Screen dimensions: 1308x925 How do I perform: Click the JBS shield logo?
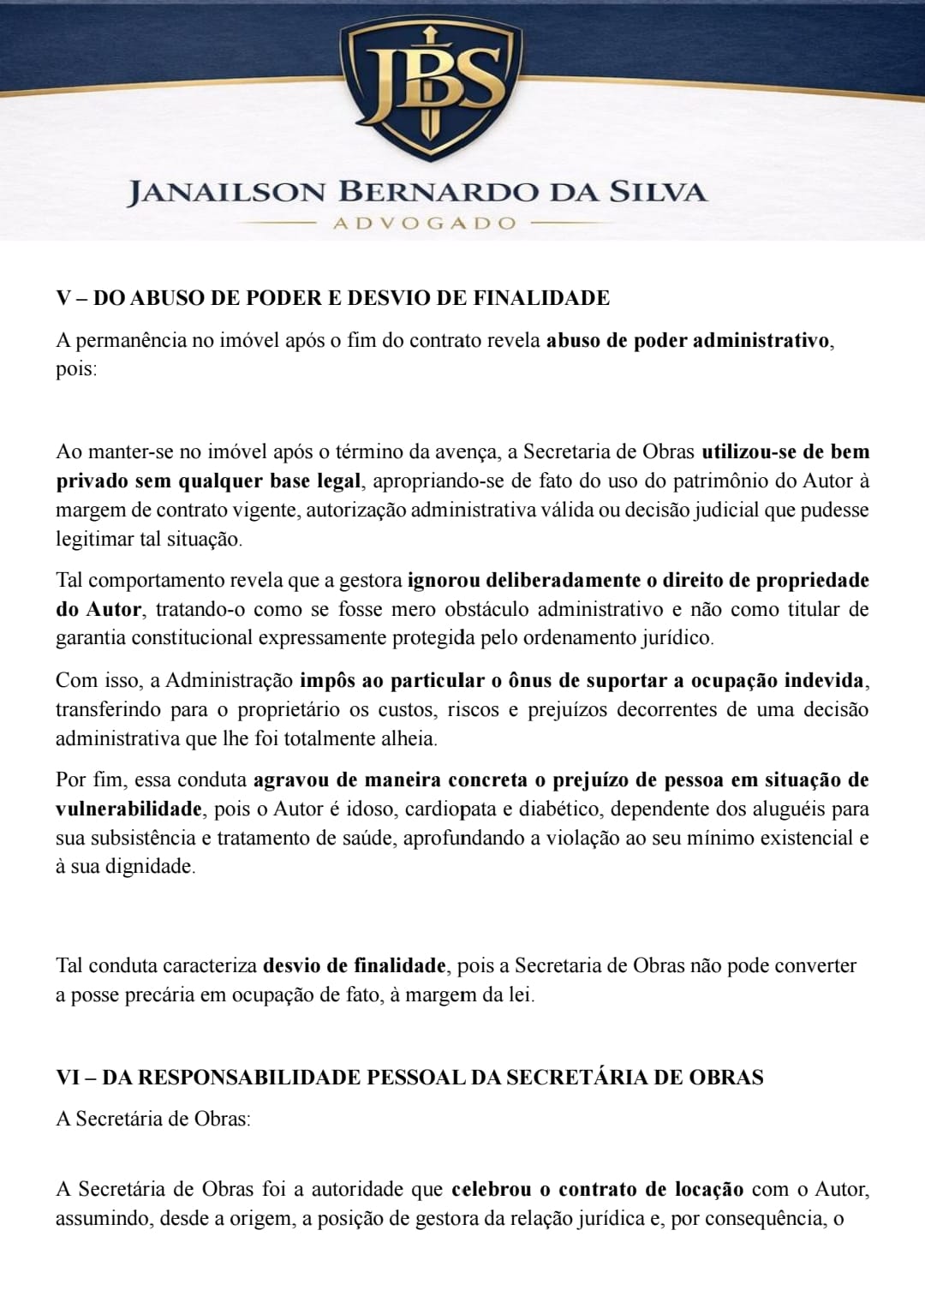tap(430, 86)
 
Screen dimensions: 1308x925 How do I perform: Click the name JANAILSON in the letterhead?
tap(227, 192)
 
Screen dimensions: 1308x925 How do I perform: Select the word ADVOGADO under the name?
tap(425, 224)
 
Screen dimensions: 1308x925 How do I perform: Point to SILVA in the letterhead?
tap(659, 192)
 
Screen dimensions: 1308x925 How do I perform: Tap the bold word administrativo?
tap(761, 340)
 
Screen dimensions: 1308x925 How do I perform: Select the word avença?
tap(472, 451)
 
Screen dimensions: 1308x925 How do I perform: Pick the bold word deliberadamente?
tap(563, 580)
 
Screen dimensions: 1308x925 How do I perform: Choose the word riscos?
tap(473, 709)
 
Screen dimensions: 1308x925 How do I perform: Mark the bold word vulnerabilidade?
tap(128, 809)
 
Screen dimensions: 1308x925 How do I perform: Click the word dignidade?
tap(149, 866)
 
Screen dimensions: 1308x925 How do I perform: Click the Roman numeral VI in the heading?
tap(69, 1077)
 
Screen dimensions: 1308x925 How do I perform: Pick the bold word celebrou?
tap(491, 1189)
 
